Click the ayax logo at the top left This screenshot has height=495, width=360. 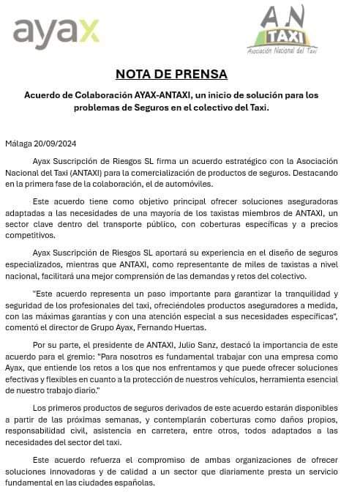[56, 32]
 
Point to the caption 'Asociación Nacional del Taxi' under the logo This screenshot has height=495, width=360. [282, 51]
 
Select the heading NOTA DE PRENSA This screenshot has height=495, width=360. [171, 74]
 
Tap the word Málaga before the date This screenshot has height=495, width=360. [18, 143]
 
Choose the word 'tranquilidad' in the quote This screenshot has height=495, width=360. [293, 294]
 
